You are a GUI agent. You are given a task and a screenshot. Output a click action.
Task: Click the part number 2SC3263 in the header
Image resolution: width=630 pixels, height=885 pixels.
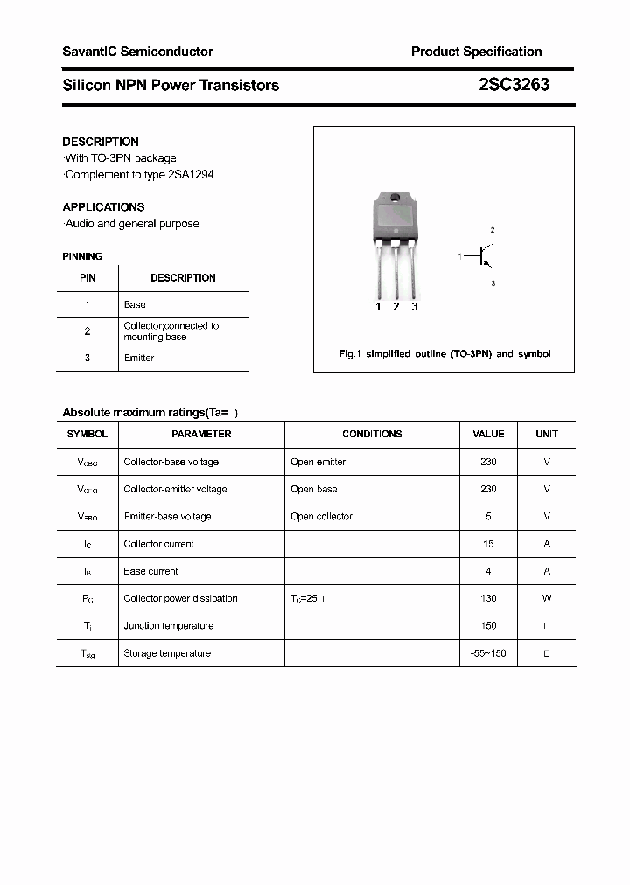(514, 85)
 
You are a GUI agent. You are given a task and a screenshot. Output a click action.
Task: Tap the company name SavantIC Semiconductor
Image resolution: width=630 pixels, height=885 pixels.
(137, 52)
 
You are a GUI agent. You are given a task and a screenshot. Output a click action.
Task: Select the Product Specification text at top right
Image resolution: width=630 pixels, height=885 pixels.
(476, 52)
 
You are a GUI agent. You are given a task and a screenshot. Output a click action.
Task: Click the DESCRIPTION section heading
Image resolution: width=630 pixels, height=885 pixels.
(101, 142)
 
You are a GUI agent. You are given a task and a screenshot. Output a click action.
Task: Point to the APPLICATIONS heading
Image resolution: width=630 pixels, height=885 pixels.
(103, 207)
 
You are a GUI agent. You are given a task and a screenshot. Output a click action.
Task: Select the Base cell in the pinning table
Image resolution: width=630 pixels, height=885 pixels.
(135, 304)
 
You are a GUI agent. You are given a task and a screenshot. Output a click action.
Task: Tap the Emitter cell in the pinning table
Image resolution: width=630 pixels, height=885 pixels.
(139, 358)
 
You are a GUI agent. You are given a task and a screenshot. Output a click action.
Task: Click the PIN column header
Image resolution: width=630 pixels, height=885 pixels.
(87, 278)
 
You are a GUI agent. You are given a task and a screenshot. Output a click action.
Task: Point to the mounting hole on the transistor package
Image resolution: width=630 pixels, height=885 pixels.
(395, 197)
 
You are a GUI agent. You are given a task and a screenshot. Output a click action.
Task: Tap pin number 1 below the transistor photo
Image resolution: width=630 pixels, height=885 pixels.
(378, 307)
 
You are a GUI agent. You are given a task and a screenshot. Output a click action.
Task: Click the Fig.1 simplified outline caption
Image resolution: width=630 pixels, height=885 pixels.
(444, 354)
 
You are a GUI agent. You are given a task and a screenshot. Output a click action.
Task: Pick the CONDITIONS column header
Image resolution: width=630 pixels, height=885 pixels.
(372, 434)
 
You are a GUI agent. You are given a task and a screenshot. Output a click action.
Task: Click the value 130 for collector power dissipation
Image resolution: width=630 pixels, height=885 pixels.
(488, 598)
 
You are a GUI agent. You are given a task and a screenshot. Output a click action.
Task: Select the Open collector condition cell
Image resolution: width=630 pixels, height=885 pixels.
(321, 516)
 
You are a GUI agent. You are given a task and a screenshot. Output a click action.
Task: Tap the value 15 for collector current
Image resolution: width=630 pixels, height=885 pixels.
(488, 544)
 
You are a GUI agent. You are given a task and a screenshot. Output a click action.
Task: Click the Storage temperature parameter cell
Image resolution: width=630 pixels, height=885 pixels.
(167, 653)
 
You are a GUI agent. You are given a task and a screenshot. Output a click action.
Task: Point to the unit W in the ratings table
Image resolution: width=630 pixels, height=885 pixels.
(547, 598)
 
